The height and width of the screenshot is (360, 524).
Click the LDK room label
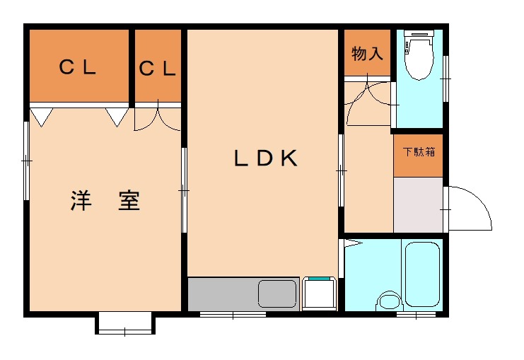click(265, 158)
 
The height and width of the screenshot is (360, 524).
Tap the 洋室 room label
click(106, 201)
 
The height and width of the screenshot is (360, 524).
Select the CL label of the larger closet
click(77, 68)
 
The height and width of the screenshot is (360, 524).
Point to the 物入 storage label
click(367, 54)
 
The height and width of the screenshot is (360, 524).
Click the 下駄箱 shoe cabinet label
click(418, 151)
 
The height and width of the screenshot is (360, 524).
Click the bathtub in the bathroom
click(421, 273)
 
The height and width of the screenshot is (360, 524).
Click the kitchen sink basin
click(277, 293)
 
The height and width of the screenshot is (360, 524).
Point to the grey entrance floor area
click(418, 204)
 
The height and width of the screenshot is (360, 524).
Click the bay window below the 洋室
click(124, 324)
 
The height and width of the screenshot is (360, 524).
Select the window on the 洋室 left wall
click(26, 161)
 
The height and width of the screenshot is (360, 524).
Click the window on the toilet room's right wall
click(446, 77)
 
